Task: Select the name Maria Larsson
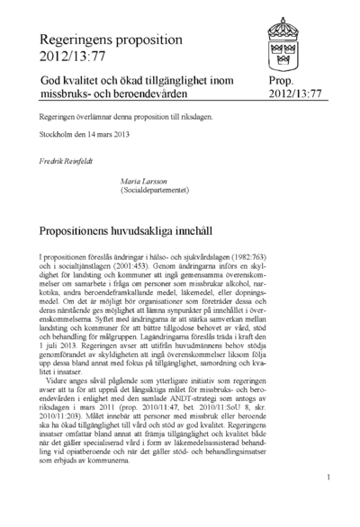pos(143,181)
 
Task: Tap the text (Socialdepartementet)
pos(157,191)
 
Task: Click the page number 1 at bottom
pos(330,478)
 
